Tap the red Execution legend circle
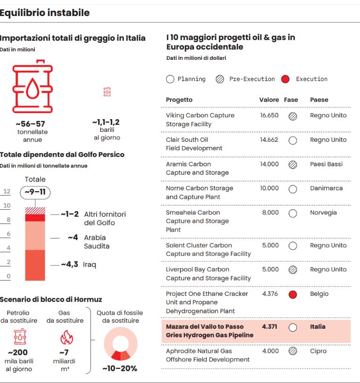(285, 79)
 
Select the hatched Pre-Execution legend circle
(220, 79)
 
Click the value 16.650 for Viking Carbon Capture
(269, 115)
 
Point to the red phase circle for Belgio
(293, 294)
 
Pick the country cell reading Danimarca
(326, 188)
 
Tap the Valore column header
(269, 100)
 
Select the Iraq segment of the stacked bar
(35, 265)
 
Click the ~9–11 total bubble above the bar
(35, 192)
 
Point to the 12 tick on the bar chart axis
(7, 191)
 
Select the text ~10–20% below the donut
(120, 368)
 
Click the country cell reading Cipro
(318, 351)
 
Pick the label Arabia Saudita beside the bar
(96, 242)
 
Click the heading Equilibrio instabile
(45, 13)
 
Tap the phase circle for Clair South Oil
(293, 140)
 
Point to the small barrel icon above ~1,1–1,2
(107, 92)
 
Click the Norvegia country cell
(323, 212)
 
